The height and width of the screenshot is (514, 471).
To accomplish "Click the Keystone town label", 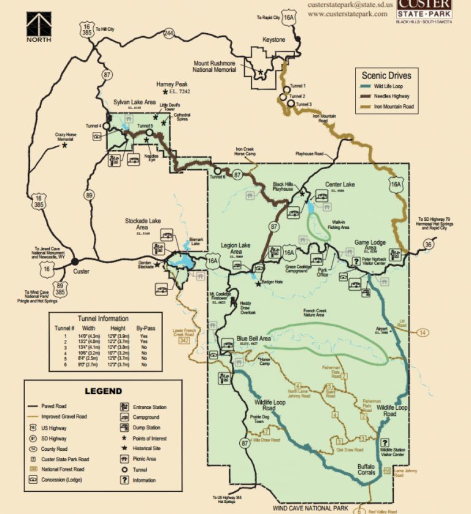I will (x=274, y=40).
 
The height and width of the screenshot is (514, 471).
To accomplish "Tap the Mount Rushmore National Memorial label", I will (x=219, y=67).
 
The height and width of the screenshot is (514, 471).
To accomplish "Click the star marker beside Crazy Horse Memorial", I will (x=64, y=146).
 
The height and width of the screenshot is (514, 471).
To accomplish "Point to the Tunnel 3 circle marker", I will (x=291, y=105).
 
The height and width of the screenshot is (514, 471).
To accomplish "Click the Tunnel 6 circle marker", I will (x=217, y=171).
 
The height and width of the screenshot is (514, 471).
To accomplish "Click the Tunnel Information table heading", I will (x=103, y=319).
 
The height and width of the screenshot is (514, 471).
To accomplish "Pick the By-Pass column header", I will (x=146, y=328).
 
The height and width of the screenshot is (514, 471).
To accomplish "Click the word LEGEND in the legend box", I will (x=103, y=391).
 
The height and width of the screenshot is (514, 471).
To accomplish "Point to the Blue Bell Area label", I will (x=254, y=339).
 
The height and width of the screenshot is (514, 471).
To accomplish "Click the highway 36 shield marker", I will (x=428, y=245).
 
